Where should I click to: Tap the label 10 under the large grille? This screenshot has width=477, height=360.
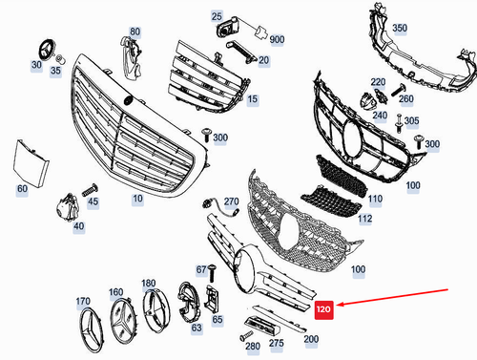(137, 200)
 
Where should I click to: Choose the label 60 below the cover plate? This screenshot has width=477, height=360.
(22, 190)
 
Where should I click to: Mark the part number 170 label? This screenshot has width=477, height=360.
(83, 301)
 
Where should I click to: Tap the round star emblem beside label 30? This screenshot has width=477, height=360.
(42, 48)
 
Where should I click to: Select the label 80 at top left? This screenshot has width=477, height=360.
(134, 32)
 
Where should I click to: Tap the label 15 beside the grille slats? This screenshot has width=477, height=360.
(252, 98)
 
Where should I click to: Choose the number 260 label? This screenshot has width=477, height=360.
(406, 98)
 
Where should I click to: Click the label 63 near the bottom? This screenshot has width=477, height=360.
(197, 328)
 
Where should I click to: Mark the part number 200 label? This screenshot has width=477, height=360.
(311, 339)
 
